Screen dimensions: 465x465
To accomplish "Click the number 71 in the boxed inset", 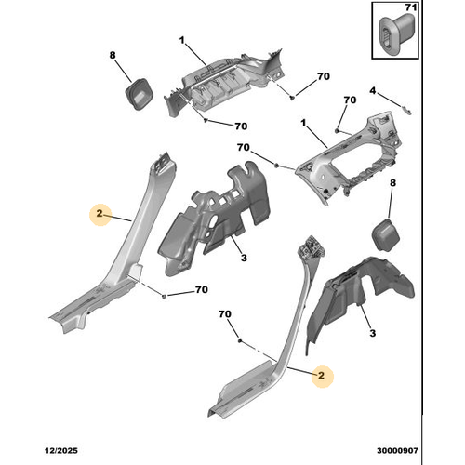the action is pos(411,7).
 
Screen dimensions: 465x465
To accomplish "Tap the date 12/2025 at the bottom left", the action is pos(61,450).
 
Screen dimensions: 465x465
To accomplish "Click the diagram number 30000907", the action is pos(397,450).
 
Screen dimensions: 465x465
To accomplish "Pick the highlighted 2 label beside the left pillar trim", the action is pos(100,213).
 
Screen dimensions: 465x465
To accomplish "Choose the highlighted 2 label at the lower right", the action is pos(321,376).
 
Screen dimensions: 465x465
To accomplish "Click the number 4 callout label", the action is pos(373,91).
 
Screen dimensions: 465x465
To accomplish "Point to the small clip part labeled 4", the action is pos(407,110).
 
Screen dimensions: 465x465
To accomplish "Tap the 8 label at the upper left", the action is pos(113,55).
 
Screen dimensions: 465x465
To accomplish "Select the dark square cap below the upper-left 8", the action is pos(139,94).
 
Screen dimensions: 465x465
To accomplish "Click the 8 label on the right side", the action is pos(392,183).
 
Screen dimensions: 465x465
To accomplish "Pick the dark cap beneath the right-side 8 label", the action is pos(385,234).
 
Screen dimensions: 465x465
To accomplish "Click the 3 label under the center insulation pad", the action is pos(244,258).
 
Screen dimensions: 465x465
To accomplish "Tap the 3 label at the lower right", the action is pos(373,333).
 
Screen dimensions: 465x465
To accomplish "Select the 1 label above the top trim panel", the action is pos(181,40).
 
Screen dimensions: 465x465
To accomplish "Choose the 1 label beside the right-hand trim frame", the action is pos(303,123).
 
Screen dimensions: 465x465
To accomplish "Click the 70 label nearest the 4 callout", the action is pos(350,100).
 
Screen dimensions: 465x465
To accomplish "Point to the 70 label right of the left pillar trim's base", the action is pos(202,289).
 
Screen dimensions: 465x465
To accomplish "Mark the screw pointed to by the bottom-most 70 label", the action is pos(240,340).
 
